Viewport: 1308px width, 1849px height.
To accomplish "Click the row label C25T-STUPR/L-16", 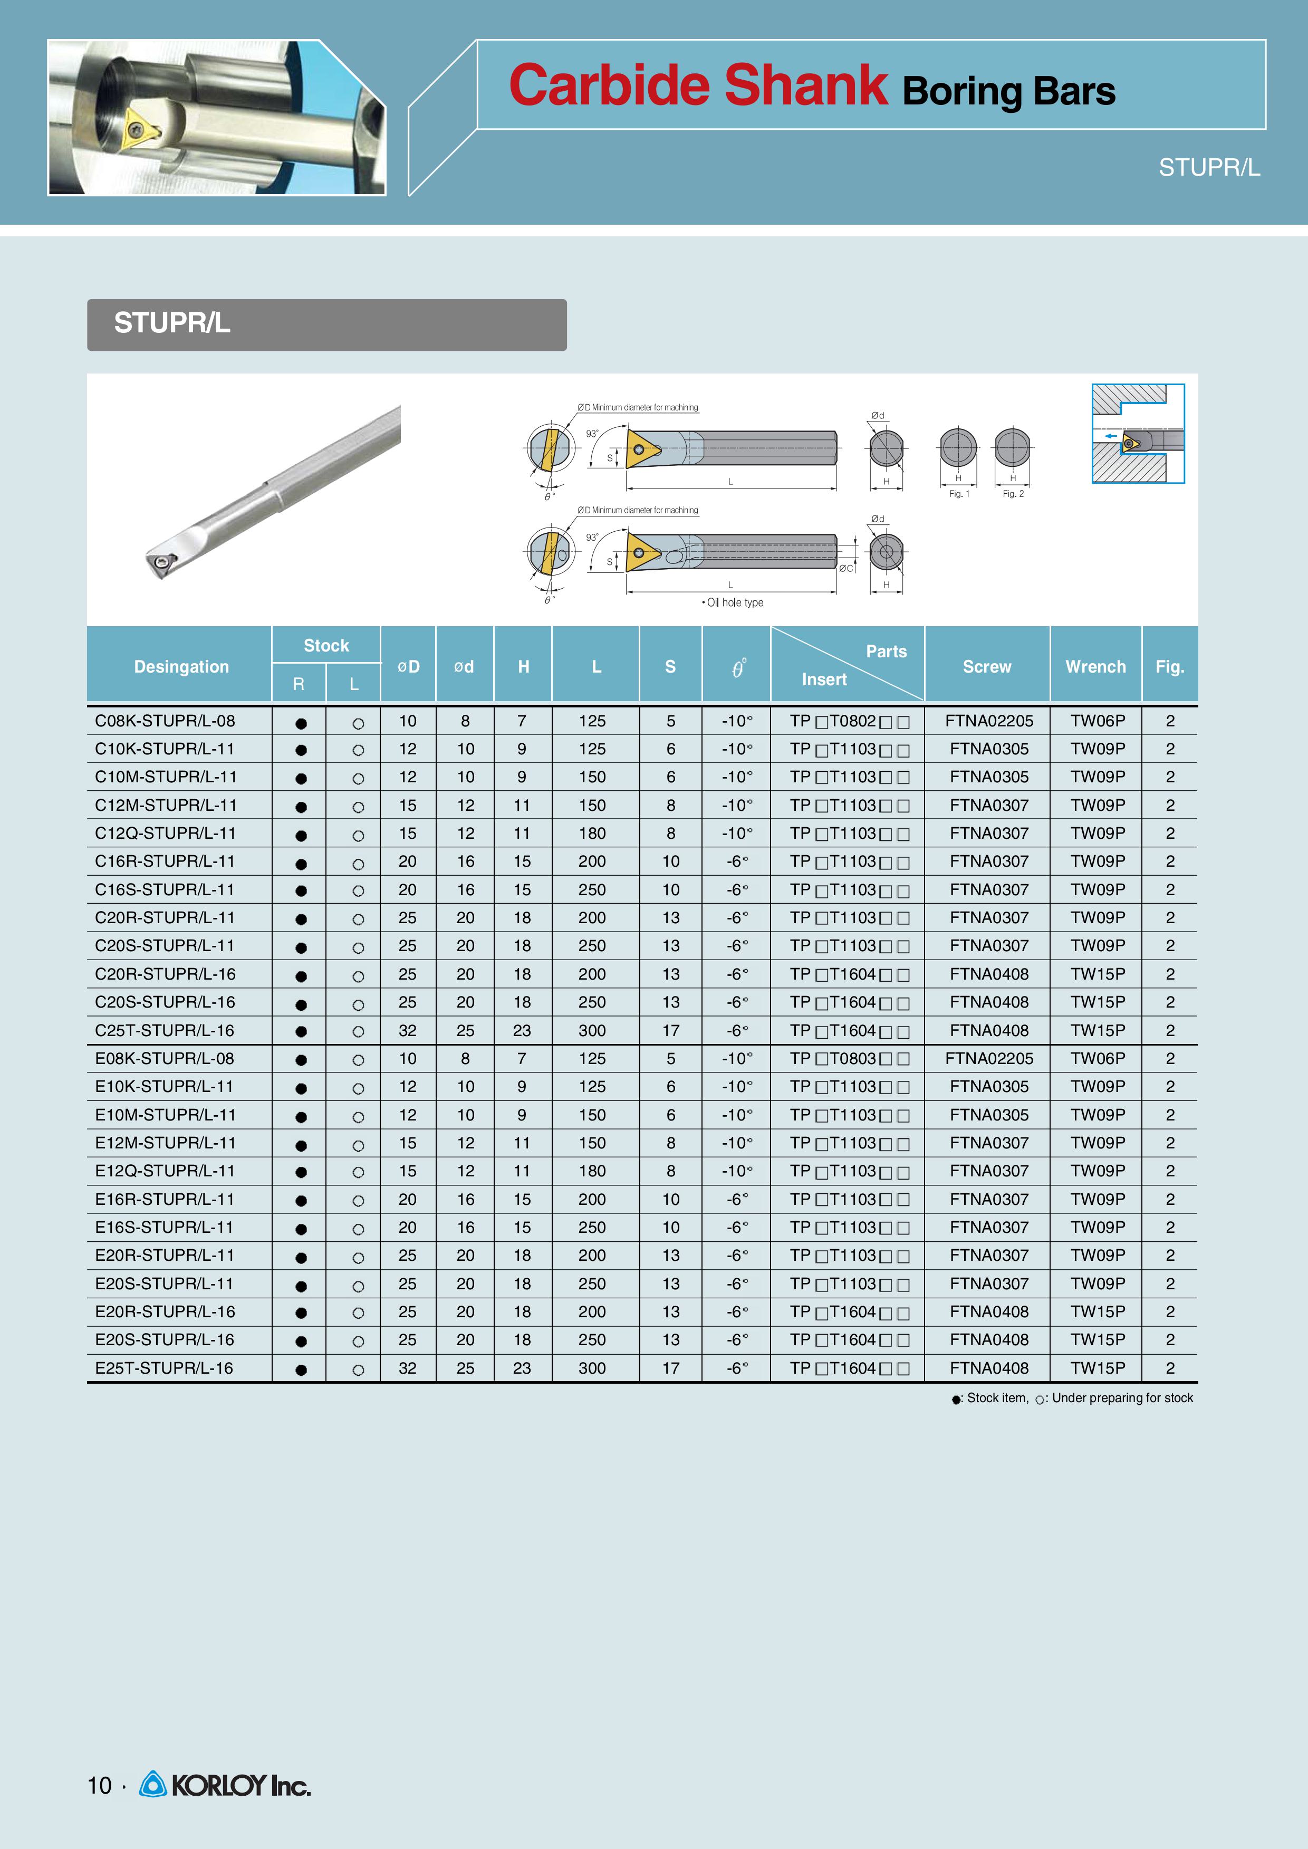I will point(165,1030).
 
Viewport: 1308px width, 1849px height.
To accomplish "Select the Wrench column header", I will point(1095,666).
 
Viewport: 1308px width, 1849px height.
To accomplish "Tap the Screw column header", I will point(987,666).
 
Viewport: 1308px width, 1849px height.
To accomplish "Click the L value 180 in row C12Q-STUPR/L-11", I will point(592,833).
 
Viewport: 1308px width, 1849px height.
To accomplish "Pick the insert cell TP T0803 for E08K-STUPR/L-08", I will point(849,1059).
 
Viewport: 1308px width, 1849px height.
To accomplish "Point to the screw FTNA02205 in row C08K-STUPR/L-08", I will point(988,721).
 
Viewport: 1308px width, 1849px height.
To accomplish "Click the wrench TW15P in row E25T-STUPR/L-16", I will point(1097,1368).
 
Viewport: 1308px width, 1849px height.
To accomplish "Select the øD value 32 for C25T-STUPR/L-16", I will point(408,1030).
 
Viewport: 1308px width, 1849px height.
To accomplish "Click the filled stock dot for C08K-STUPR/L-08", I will point(301,723).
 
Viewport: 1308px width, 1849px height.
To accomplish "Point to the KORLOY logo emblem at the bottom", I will point(152,1785).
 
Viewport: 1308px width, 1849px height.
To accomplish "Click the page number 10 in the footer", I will point(99,1785).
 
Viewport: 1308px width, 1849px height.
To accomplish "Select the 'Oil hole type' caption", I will point(733,602).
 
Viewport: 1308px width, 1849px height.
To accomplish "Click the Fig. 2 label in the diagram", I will point(1013,494).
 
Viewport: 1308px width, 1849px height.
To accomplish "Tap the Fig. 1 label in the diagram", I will point(958,494).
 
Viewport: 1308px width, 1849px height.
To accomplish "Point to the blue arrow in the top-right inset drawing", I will point(1111,436).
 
